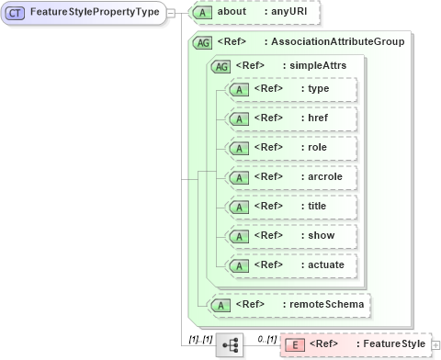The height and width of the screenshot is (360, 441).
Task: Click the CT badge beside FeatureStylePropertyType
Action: [17, 14]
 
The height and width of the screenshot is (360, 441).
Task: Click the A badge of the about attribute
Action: [207, 14]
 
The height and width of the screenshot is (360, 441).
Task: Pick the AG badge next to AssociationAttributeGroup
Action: [204, 42]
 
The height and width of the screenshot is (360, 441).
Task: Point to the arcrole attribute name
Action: [322, 176]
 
